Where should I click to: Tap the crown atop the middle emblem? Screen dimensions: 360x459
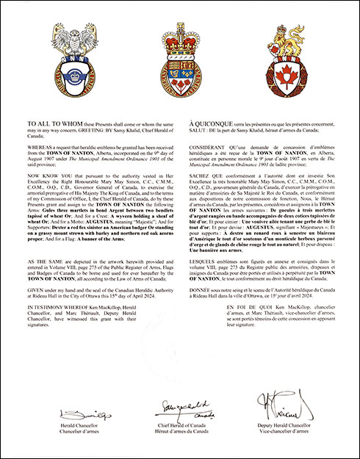[x=179, y=34]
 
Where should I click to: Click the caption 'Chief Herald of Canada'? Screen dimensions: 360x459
[x=179, y=424]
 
